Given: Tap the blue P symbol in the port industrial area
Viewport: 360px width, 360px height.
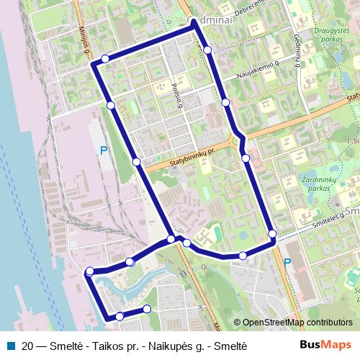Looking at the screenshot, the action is pos(104,150).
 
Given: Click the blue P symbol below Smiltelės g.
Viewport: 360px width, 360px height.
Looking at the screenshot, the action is pos(287,264).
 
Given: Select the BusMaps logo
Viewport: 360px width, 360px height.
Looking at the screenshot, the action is pos(326,345).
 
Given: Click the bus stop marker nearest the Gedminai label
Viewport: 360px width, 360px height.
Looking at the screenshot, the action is pos(207,50).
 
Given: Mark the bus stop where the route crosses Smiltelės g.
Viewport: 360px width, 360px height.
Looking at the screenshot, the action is pos(272,233).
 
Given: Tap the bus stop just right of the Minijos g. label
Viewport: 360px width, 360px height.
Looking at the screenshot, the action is pos(106,58).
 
